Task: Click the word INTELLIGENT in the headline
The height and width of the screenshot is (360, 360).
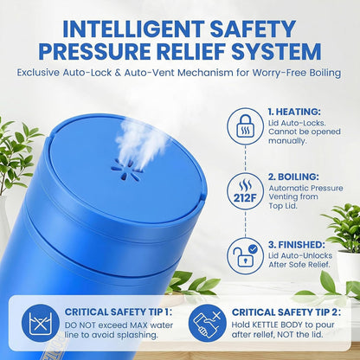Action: click(133, 29)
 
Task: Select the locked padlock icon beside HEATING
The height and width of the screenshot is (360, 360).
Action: click(245, 126)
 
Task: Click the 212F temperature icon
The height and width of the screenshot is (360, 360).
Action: click(245, 191)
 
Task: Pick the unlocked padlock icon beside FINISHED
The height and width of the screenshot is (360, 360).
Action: click(245, 256)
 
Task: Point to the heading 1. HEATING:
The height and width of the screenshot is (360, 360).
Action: click(294, 112)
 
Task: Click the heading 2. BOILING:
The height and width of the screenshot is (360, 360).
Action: click(293, 177)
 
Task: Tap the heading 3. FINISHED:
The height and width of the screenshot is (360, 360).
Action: click(297, 245)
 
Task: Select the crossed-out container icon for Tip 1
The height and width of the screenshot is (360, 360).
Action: click(41, 323)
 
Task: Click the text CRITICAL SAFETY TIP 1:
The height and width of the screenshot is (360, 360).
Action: click(119, 312)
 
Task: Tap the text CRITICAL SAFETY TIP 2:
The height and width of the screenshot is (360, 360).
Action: click(286, 312)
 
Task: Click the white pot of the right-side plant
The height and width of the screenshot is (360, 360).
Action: click(349, 267)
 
